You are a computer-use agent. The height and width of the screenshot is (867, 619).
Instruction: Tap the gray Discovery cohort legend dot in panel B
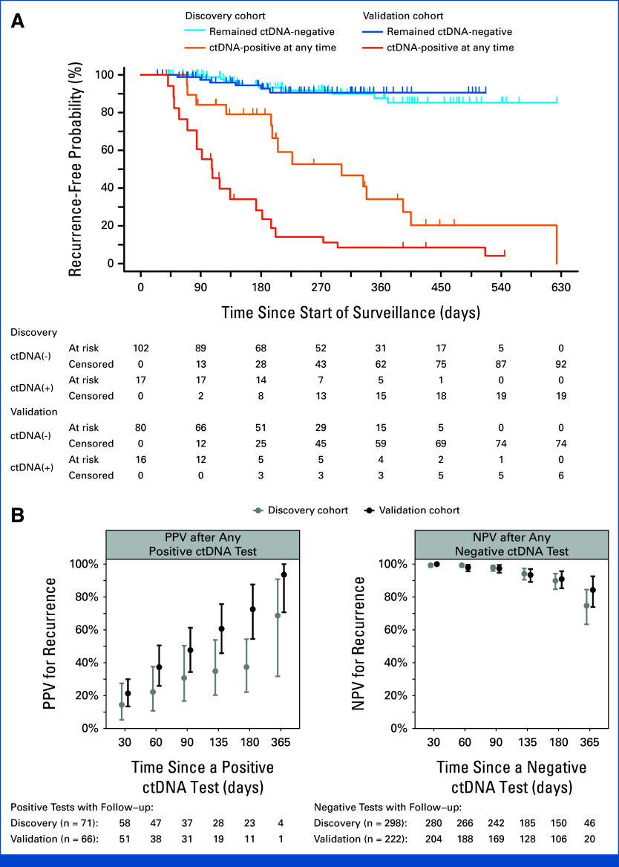click(x=257, y=510)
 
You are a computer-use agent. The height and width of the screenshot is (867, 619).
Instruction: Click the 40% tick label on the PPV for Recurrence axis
click(x=86, y=663)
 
